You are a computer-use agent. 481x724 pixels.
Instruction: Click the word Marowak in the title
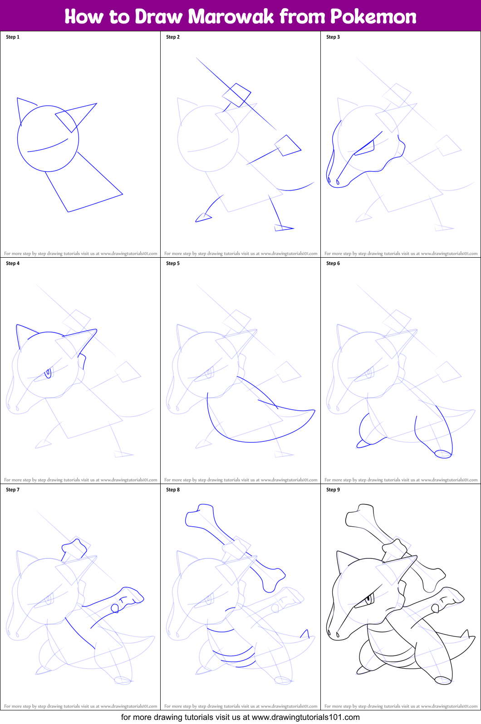pyautogui.click(x=231, y=16)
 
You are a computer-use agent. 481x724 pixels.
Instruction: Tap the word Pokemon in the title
pyautogui.click(x=373, y=16)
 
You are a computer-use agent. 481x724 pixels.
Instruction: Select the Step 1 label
pyautogui.click(x=13, y=37)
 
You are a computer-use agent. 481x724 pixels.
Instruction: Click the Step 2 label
pyautogui.click(x=173, y=37)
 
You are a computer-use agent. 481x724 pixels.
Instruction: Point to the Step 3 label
pyautogui.click(x=333, y=37)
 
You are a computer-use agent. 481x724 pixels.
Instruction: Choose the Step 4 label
pyautogui.click(x=13, y=263)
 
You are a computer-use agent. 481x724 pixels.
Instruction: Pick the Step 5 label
pyautogui.click(x=173, y=263)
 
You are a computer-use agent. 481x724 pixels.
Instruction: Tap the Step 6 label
pyautogui.click(x=333, y=263)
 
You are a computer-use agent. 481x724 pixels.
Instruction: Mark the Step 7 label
pyautogui.click(x=13, y=489)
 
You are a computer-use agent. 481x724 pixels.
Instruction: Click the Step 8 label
pyautogui.click(x=173, y=489)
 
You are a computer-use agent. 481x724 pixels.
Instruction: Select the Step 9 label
pyautogui.click(x=333, y=489)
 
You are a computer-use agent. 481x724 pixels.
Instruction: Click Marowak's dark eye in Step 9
pyautogui.click(x=368, y=601)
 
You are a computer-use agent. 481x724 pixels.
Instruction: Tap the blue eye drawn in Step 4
pyautogui.click(x=48, y=373)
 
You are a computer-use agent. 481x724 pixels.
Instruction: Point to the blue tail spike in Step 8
pyautogui.click(x=305, y=634)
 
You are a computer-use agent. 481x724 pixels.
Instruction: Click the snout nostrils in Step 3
pyautogui.click(x=333, y=181)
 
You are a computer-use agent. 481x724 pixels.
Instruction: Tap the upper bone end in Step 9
pyautogui.click(x=359, y=515)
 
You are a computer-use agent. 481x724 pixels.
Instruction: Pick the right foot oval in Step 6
pyautogui.click(x=443, y=454)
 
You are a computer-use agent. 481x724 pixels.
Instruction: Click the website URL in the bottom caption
pyautogui.click(x=305, y=717)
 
